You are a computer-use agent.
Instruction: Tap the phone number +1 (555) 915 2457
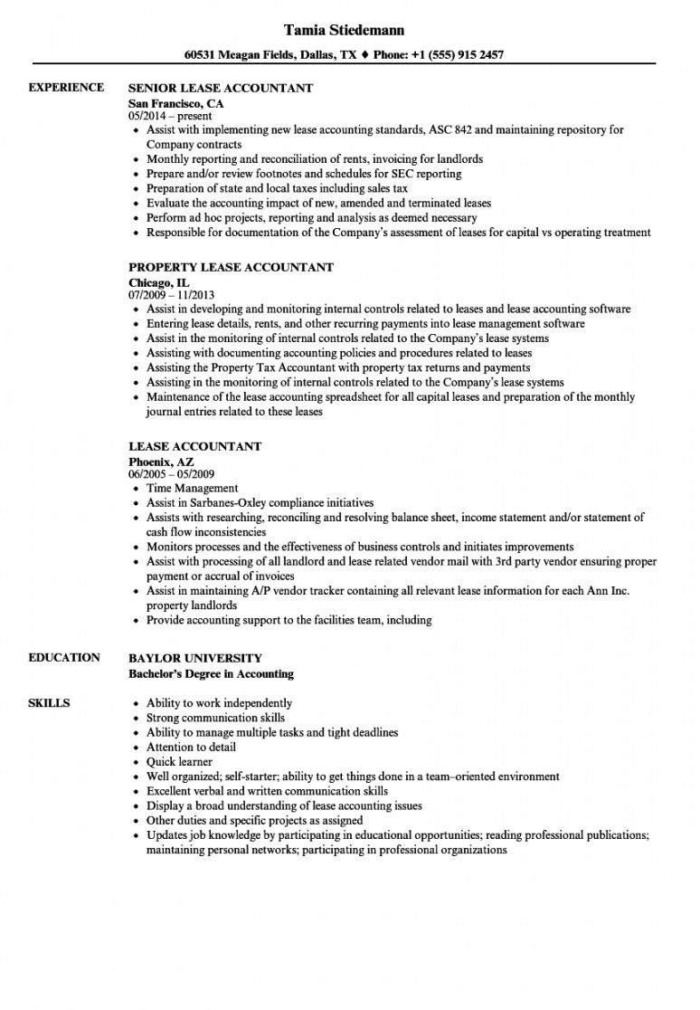point(451,54)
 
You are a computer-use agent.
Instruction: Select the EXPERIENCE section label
point(66,88)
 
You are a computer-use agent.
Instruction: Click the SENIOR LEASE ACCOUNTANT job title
point(221,88)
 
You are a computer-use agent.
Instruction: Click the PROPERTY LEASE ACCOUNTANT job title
point(231,267)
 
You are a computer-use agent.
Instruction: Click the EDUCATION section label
point(64,657)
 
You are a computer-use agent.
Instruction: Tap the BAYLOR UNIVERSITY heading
point(194,658)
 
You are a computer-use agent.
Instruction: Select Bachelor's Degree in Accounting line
point(211,673)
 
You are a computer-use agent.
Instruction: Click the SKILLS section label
point(50,702)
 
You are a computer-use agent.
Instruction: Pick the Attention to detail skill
point(191,747)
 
